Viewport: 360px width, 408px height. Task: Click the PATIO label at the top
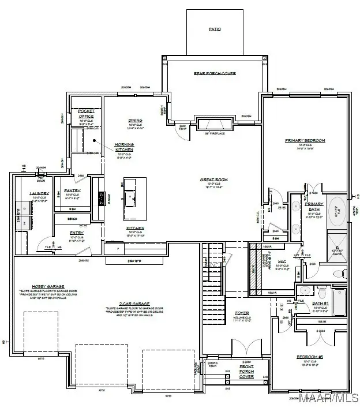[214, 29]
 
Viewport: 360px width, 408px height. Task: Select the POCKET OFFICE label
[86, 113]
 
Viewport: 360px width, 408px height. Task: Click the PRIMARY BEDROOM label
[305, 140]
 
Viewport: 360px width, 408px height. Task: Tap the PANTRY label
[72, 190]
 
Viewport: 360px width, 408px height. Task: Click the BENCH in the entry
[72, 219]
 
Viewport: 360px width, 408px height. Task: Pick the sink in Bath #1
[305, 291]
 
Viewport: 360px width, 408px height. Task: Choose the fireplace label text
[214, 134]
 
